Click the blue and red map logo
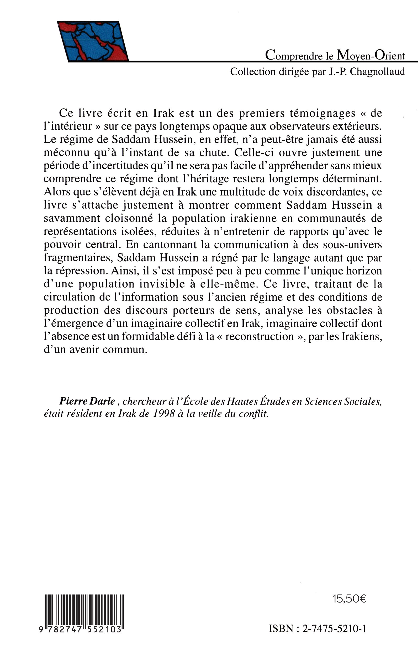[x=93, y=41]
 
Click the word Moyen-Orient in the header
[x=371, y=55]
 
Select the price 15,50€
[x=350, y=599]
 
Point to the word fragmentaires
[x=78, y=258]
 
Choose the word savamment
[x=72, y=218]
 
